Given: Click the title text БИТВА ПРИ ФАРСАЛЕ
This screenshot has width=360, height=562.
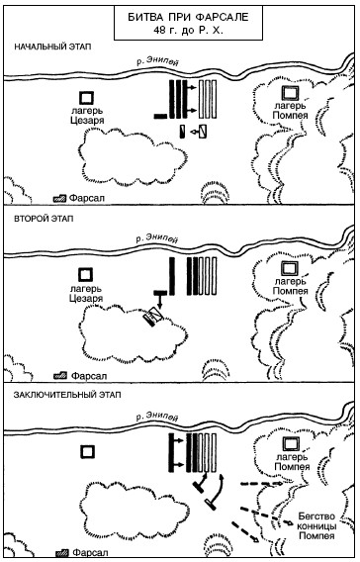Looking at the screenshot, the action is tap(188, 17).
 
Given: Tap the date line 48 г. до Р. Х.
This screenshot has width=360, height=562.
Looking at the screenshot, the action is tap(188, 30).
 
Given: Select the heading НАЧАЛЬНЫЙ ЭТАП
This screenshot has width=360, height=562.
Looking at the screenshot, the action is tap(52, 47).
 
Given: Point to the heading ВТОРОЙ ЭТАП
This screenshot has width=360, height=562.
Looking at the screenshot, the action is tap(44, 219).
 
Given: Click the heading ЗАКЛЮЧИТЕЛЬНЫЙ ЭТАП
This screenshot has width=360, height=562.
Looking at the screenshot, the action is tap(67, 395).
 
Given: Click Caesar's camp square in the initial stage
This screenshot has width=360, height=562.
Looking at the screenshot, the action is tap(87, 98).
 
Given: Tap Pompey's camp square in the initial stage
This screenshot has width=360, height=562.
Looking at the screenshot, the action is tap(290, 93).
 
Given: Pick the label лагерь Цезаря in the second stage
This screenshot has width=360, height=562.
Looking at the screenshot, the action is tap(86, 293).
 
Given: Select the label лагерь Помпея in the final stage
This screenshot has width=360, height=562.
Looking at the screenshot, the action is tap(292, 462).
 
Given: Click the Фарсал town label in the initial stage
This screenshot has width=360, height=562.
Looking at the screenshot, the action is tap(87, 198).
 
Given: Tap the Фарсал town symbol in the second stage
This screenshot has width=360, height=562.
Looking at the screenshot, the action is tap(59, 376).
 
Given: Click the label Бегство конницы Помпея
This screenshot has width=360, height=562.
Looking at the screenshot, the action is tap(317, 526).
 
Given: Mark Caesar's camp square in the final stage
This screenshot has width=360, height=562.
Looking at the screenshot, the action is tap(87, 451).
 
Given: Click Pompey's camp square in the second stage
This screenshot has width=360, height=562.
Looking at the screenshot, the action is tap(290, 268).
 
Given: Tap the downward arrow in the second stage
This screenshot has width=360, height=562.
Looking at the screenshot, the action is tap(160, 302).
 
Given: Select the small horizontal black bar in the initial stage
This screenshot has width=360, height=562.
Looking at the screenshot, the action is tap(160, 116).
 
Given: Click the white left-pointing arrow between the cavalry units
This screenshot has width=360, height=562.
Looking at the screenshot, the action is tap(194, 133).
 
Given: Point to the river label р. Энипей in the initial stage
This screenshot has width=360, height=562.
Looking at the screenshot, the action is tap(157, 62).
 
